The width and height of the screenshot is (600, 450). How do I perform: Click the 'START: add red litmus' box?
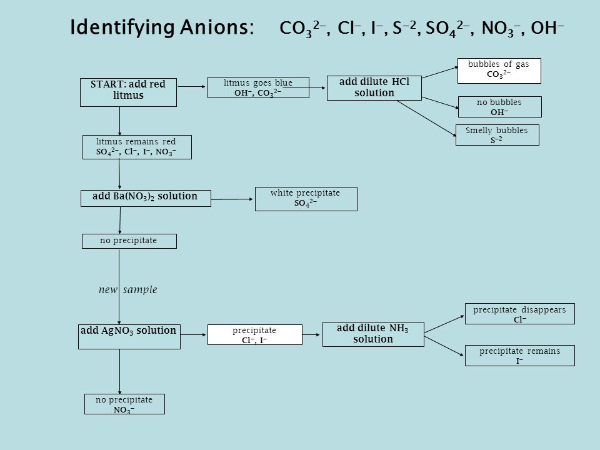tap(128, 92)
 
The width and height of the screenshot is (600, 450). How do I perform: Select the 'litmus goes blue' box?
tap(258, 87)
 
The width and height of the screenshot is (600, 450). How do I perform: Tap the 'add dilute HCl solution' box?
tap(374, 88)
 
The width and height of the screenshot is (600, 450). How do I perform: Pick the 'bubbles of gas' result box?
tap(499, 71)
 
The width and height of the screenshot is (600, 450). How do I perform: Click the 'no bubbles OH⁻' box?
tap(500, 107)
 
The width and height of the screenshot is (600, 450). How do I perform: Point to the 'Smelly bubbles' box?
tap(497, 135)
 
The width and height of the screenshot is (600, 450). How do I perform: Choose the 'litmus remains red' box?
tap(137, 147)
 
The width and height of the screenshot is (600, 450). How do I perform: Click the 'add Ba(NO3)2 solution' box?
tap(146, 198)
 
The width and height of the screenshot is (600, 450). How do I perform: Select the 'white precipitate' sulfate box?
tap(306, 199)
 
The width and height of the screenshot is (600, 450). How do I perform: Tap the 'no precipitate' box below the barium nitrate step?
tap(129, 241)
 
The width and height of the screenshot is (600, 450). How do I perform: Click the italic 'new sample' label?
tap(127, 289)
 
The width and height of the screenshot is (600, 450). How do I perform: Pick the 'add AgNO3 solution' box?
tap(129, 337)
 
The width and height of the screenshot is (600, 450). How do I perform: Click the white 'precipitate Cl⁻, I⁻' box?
tap(255, 335)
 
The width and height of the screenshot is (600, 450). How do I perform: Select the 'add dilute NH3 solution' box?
tap(373, 334)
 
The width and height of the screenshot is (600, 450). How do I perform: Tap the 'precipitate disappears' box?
tap(519, 314)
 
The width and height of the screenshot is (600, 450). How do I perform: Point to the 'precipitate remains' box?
tap(519, 356)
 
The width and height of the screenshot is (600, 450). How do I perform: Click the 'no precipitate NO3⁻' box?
tap(124, 404)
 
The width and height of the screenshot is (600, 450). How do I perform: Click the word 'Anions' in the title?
tap(217, 27)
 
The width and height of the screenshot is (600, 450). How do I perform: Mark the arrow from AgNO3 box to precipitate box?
tap(193, 335)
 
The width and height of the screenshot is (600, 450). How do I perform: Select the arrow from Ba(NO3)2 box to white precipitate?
tap(232, 199)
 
